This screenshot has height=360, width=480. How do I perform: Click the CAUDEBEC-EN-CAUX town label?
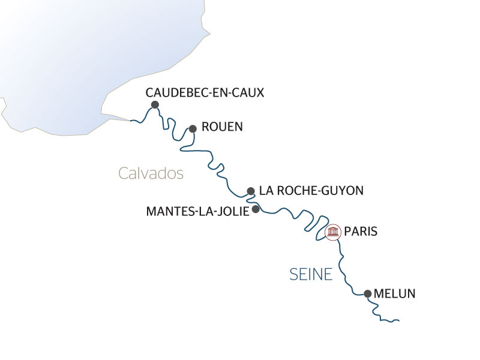pyautogui.click(x=205, y=92)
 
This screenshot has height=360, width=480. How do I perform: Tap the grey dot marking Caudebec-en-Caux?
pyautogui.click(x=155, y=104)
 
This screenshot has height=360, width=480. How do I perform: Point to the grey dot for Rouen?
pyautogui.click(x=193, y=128)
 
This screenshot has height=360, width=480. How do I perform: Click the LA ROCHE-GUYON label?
pyautogui.click(x=311, y=191)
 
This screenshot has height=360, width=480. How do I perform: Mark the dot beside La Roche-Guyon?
pyautogui.click(x=251, y=191)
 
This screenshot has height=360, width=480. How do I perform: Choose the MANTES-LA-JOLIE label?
pyautogui.click(x=197, y=211)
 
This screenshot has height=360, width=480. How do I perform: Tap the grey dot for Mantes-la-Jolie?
pyautogui.click(x=256, y=209)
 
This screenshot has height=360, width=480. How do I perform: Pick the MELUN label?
pyautogui.click(x=394, y=294)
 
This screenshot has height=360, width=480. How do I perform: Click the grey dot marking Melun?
pyautogui.click(x=367, y=294)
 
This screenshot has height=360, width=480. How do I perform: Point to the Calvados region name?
pyautogui.click(x=151, y=173)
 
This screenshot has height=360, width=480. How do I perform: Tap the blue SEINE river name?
pyautogui.click(x=310, y=274)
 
